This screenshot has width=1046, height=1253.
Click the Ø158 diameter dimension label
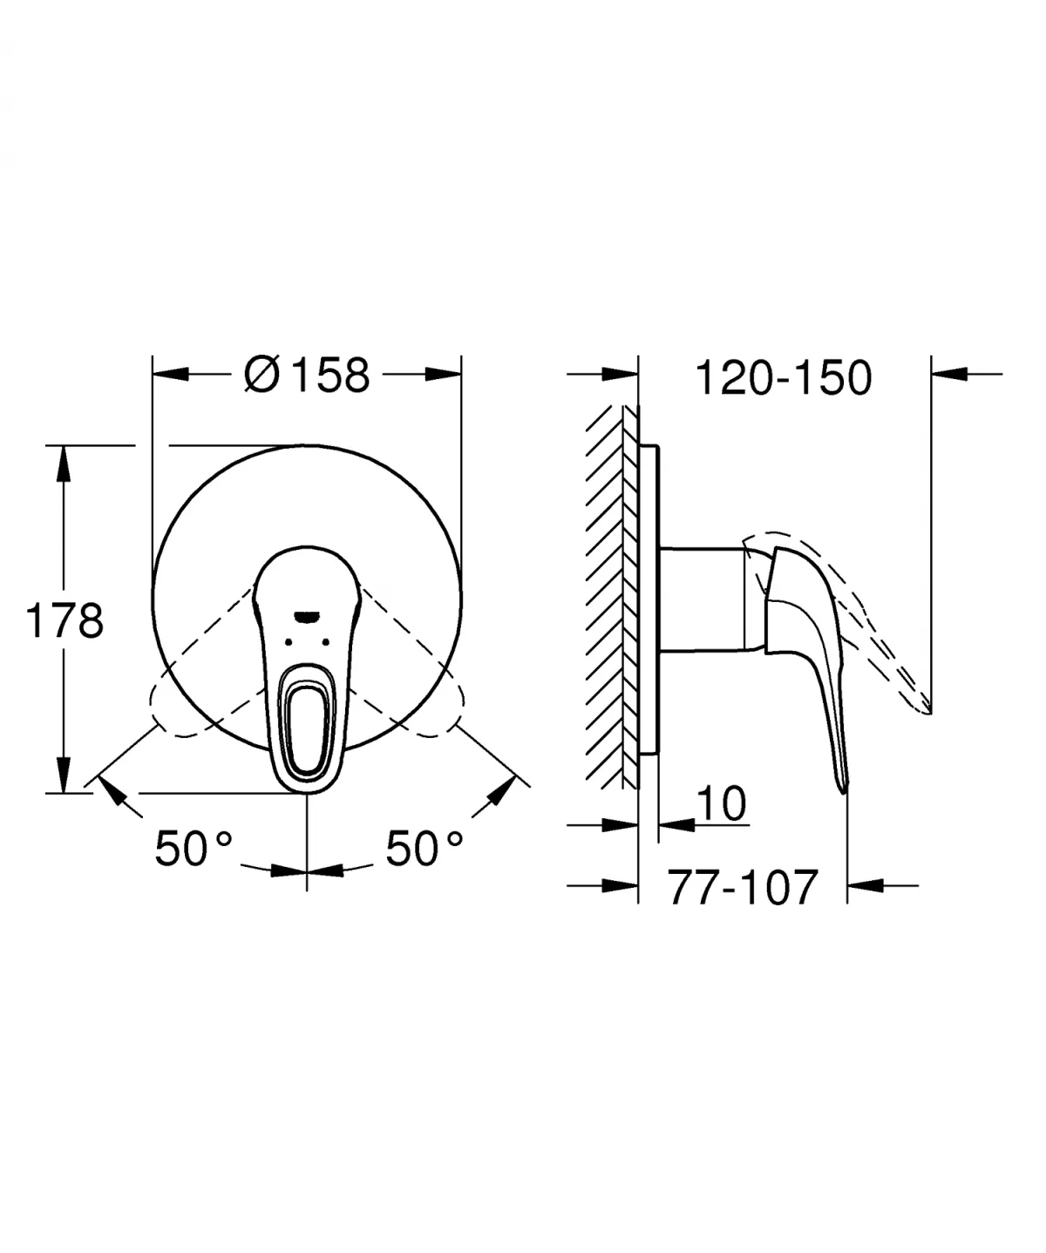coord(307,376)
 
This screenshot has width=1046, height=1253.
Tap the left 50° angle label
coord(194,847)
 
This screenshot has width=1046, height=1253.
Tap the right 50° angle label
coord(425,847)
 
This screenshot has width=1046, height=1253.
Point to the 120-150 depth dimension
coord(784,377)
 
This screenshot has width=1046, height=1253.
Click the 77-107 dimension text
coord(743,887)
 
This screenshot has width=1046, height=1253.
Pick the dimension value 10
coord(723,803)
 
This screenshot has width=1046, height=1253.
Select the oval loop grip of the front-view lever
coord(307,719)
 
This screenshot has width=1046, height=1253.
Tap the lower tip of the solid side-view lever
coord(843,787)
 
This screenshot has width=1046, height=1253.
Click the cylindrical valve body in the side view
coord(702,599)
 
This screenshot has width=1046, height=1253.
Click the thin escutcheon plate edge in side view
coord(649,601)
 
